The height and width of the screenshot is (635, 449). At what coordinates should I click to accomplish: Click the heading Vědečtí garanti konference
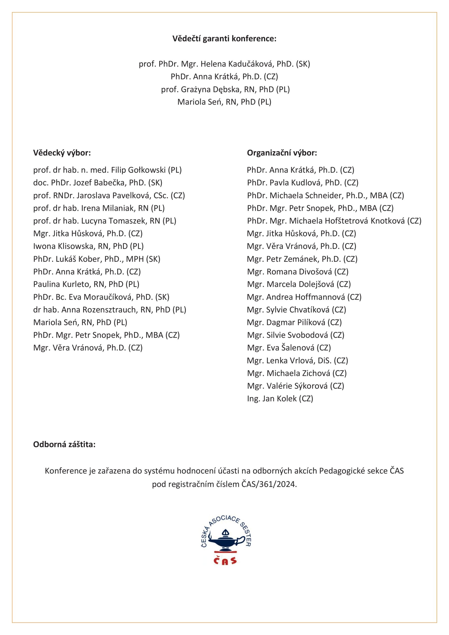point(224,39)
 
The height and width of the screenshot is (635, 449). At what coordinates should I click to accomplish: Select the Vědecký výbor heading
point(62,153)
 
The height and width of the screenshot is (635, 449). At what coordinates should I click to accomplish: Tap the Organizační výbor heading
point(282,153)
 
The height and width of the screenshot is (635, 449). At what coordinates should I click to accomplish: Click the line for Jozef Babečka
point(98,183)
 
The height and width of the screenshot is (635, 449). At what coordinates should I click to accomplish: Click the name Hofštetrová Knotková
point(347,221)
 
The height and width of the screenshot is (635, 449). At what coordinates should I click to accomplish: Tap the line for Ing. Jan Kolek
point(280,399)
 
